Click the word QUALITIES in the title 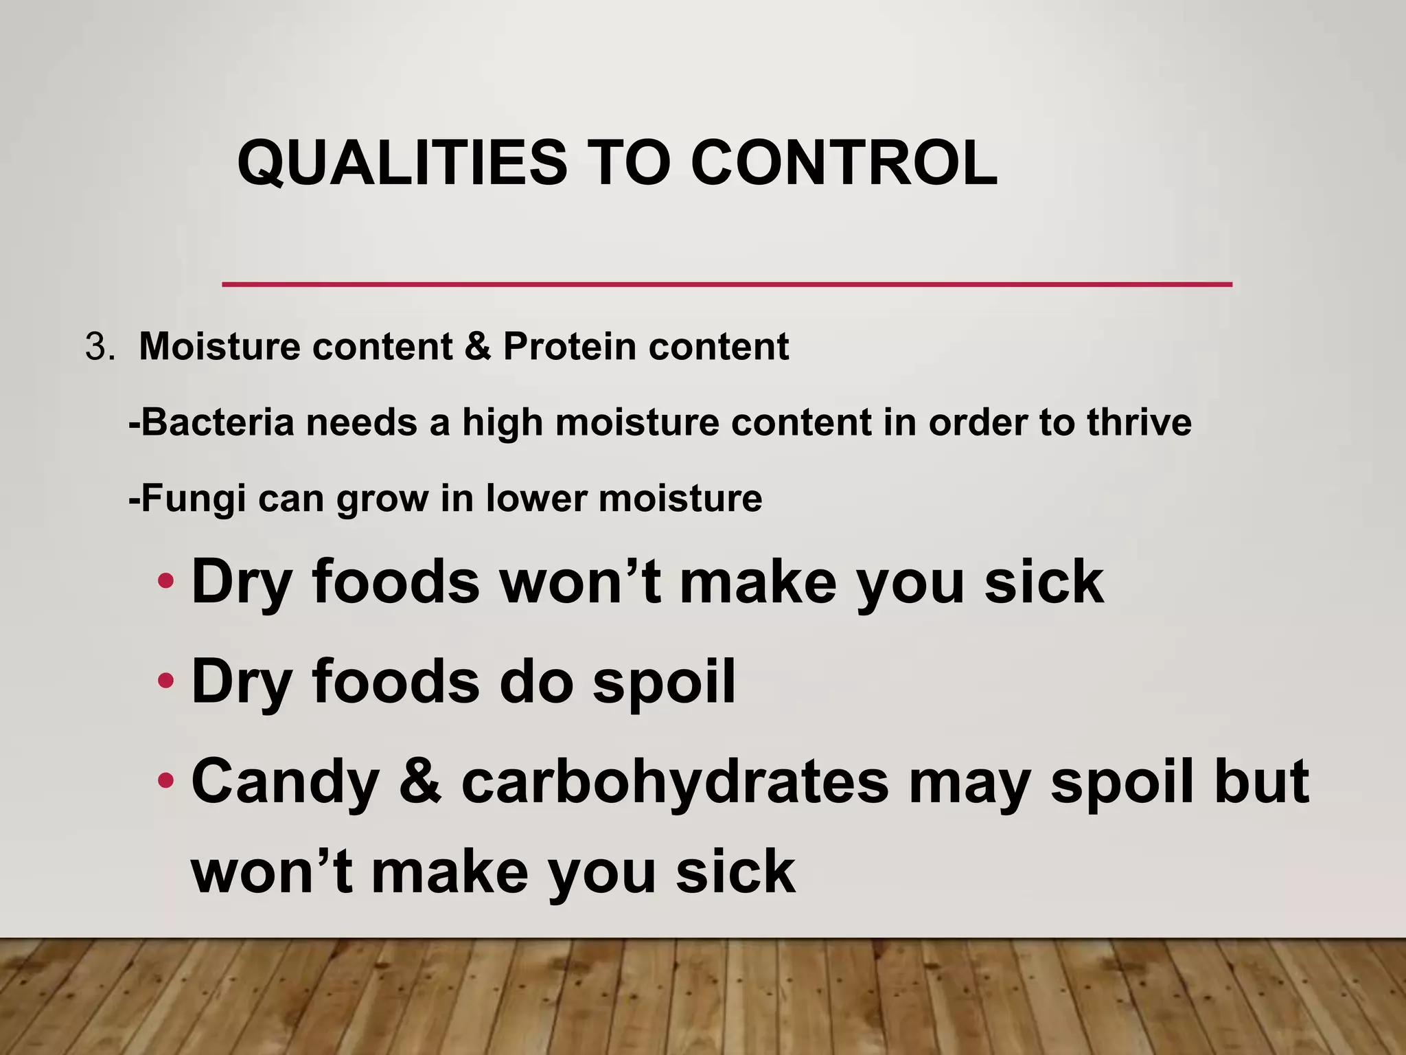402,163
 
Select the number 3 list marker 95,347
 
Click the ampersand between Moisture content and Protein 478,346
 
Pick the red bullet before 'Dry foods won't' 165,582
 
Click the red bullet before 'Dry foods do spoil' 165,681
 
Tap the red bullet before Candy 165,781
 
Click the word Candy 285,783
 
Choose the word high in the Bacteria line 503,423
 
